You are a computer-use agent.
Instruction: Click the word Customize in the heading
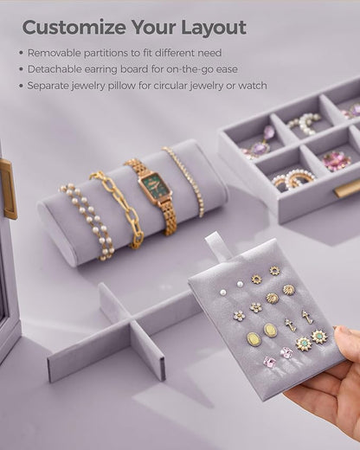pos(74,28)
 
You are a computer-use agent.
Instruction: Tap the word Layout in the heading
pos(214,28)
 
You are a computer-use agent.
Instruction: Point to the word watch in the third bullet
pos(253,86)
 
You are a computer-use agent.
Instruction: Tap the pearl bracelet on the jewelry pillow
pos(87,219)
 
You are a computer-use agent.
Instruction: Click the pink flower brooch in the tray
pos(336,161)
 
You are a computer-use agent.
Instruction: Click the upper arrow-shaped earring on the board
pos(306,317)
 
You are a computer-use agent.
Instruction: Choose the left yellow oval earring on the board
pos(252,339)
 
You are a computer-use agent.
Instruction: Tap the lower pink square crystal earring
pos(270,362)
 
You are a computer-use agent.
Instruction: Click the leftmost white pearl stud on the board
pos(222,292)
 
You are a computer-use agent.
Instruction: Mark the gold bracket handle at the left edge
pos(10,189)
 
